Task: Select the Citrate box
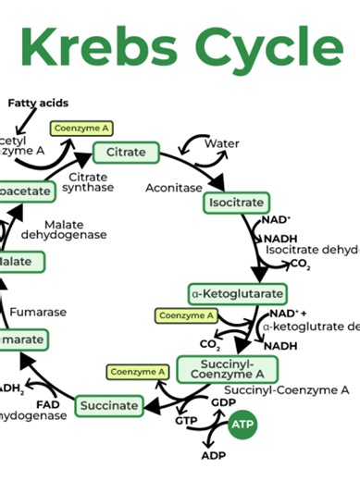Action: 126,152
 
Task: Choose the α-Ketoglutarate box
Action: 237,294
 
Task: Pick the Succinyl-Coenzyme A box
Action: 214,367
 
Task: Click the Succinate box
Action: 109,405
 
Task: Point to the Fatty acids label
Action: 38,103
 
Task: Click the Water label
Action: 222,143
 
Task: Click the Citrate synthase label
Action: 89,182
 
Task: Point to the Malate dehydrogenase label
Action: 76,229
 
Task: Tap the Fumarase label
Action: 40,312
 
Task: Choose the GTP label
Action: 187,422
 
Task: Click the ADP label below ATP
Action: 213,456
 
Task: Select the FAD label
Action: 47,405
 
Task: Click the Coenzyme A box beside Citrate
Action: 81,129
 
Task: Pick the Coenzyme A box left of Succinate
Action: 137,372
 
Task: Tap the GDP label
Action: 223,403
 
